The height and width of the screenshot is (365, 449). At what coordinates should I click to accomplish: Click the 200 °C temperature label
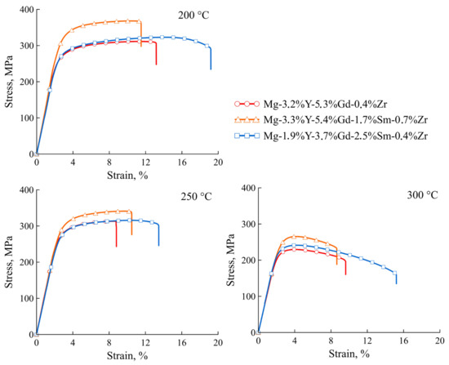click(x=193, y=16)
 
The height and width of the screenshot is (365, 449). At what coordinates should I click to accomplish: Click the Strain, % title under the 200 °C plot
click(x=127, y=174)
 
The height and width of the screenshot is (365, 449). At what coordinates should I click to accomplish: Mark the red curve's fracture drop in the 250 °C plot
click(x=116, y=235)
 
